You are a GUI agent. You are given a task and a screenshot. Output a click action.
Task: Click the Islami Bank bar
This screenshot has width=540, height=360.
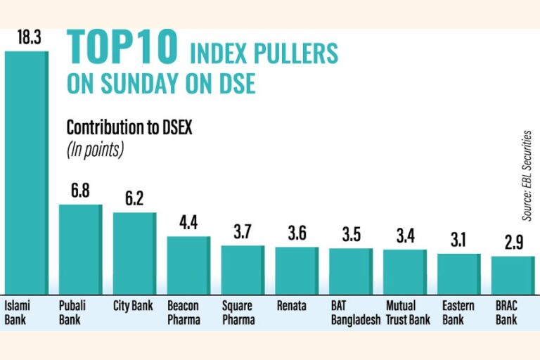[27, 173]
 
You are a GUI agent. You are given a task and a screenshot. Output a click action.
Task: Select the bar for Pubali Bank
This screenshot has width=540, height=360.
[81, 250]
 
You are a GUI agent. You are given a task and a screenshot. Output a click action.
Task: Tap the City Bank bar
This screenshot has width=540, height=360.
[135, 254]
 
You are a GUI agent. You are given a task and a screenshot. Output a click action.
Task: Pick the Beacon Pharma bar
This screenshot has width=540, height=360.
[188, 265]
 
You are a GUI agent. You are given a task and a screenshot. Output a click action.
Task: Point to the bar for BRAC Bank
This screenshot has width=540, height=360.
[513, 275]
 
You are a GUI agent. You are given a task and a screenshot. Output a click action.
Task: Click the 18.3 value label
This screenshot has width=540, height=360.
[30, 37]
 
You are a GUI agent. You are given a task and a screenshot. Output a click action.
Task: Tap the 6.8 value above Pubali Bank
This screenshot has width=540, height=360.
[80, 191]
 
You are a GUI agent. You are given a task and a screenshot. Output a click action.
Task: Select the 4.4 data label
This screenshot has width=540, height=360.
[188, 223]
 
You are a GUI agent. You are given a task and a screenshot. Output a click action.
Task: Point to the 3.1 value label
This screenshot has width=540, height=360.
[458, 240]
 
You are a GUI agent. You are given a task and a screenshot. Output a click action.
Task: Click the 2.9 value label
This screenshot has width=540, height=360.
[514, 242]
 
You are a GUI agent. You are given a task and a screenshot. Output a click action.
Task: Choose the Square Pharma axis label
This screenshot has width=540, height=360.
[238, 312]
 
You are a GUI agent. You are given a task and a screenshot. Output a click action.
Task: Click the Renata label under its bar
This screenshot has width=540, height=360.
[291, 306]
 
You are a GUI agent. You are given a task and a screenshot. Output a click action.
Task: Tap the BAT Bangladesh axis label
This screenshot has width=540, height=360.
[355, 312]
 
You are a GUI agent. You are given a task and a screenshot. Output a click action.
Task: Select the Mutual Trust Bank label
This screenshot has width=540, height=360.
[408, 312]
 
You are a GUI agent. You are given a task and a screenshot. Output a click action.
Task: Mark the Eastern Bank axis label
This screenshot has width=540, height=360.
[458, 312]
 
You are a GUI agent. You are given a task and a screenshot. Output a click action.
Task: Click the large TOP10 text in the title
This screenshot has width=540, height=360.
[122, 47]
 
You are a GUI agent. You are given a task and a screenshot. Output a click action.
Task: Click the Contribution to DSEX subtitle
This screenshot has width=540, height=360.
[129, 127]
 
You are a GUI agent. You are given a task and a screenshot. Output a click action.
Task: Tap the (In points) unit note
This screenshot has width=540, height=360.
[95, 150]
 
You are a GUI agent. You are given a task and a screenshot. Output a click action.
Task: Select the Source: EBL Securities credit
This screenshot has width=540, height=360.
[527, 176]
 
